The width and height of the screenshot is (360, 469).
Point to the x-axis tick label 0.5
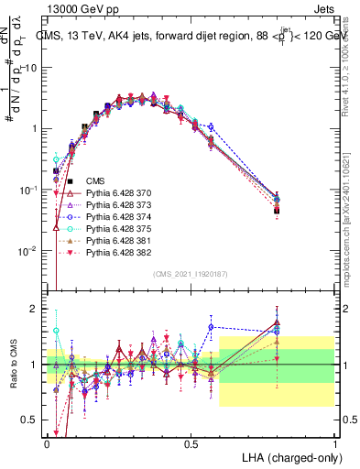click(191, 443)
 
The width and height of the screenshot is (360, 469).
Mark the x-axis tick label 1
click(335, 443)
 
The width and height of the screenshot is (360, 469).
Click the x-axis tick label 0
click(47, 443)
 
